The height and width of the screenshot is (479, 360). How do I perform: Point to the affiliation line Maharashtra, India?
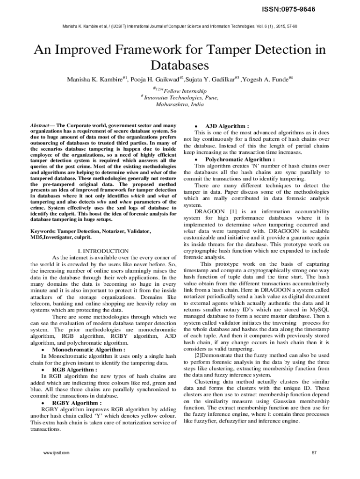(x=180, y=105)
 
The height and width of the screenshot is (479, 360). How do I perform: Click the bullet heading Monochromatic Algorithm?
(x=88, y=349)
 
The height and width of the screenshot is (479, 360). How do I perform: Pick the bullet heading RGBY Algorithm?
(x=77, y=402)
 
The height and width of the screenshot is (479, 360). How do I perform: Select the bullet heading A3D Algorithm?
(x=227, y=126)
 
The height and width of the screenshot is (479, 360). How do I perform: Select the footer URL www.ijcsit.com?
(x=56, y=453)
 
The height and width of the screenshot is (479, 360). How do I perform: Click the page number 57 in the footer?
(x=314, y=453)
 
